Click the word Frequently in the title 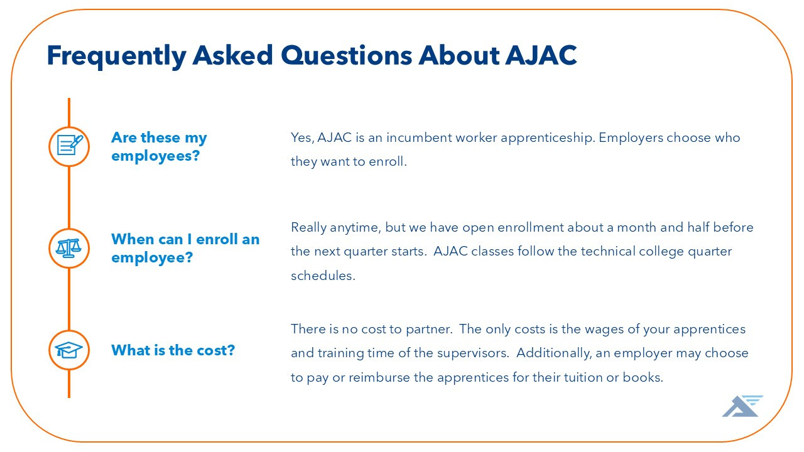[x=116, y=56]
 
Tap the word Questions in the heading [x=346, y=55]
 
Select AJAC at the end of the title [x=541, y=55]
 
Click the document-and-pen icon [x=69, y=146]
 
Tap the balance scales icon [x=68, y=248]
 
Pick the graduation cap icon [x=68, y=350]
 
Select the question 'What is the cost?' [x=173, y=350]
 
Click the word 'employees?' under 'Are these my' [x=155, y=156]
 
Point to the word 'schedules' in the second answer [x=322, y=276]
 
